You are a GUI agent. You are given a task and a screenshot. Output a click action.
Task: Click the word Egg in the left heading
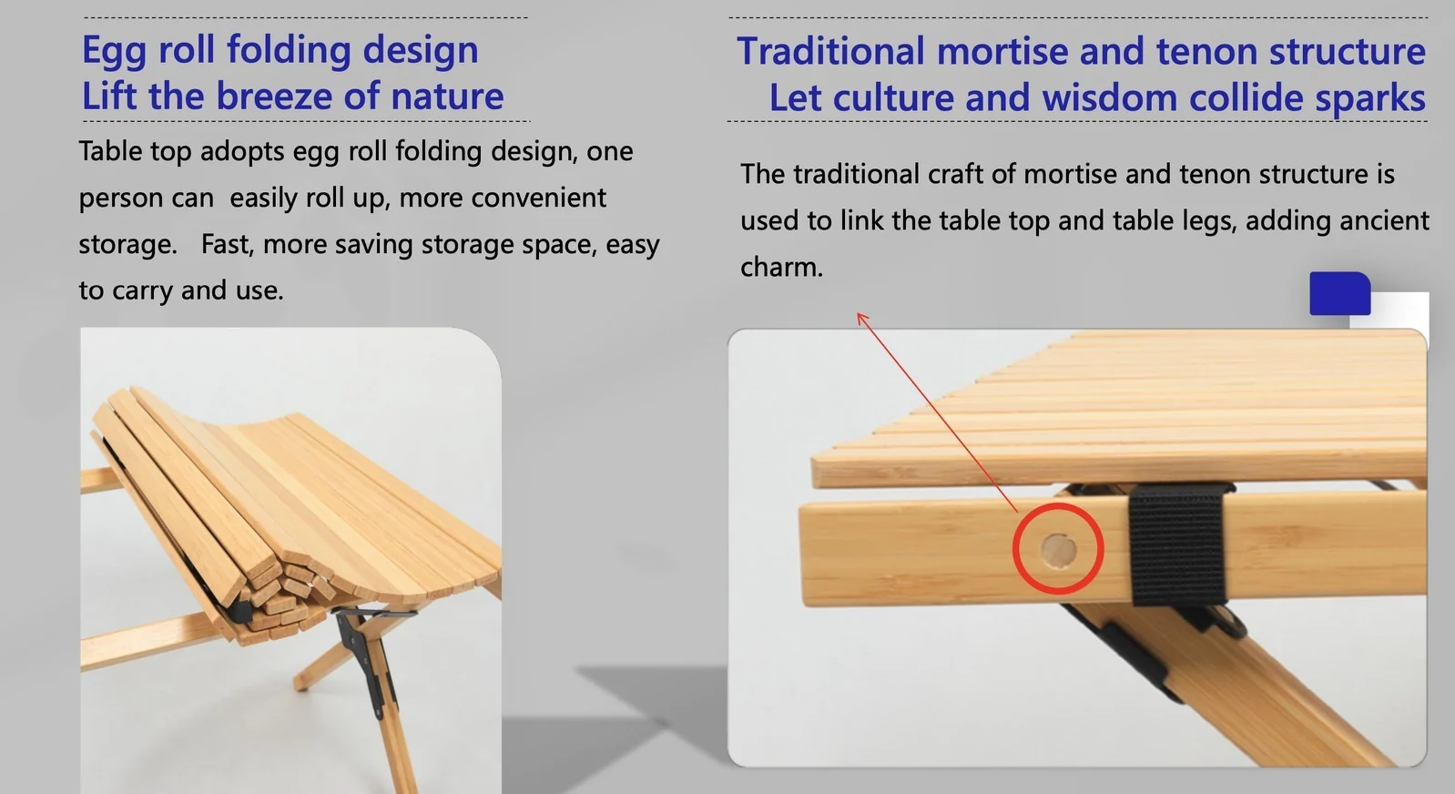coord(114,51)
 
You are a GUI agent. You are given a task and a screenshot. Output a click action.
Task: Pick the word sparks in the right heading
coord(1370,98)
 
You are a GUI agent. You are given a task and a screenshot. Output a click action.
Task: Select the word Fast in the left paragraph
coord(227,244)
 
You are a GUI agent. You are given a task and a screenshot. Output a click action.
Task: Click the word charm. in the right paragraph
coord(781,267)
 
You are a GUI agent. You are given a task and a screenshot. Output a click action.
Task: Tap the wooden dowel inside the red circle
coord(1058,550)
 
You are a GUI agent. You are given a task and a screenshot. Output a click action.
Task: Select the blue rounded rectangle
coord(1339,293)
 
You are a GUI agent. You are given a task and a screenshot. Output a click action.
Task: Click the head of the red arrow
coord(861,317)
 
